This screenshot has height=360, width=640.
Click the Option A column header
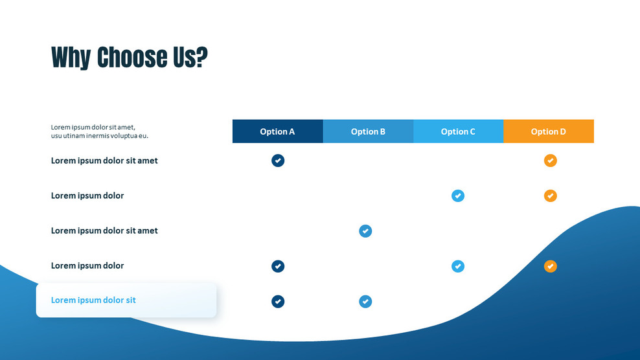pyautogui.click(x=277, y=131)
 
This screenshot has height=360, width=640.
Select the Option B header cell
pyautogui.click(x=368, y=131)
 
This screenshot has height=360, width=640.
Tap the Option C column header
pyautogui.click(x=459, y=131)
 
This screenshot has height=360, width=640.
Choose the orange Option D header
pyautogui.click(x=549, y=131)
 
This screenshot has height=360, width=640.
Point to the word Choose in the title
pyautogui.click(x=132, y=57)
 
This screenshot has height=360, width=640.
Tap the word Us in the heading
pyautogui.click(x=183, y=57)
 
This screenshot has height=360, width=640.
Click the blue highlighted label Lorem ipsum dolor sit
pyautogui.click(x=93, y=300)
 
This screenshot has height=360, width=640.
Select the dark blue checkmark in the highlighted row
pyautogui.click(x=278, y=301)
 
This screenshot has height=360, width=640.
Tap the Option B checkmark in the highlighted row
pyautogui.click(x=365, y=301)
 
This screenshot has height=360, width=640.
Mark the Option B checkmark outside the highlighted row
pyautogui.click(x=365, y=231)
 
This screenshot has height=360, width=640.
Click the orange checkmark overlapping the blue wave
pyautogui.click(x=550, y=266)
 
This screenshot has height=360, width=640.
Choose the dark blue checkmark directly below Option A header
pyautogui.click(x=278, y=161)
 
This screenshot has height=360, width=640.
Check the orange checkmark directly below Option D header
pyautogui.click(x=550, y=161)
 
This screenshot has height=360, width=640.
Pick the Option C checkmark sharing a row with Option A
pyautogui.click(x=458, y=266)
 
